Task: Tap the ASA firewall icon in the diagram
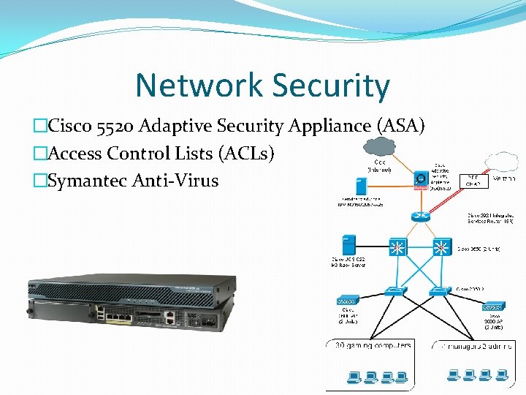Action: click(421, 178)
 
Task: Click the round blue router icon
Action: click(419, 216)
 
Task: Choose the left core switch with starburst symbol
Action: click(397, 247)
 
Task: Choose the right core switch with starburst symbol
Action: click(441, 247)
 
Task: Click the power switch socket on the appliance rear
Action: click(208, 320)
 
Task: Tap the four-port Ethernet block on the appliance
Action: click(118, 317)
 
